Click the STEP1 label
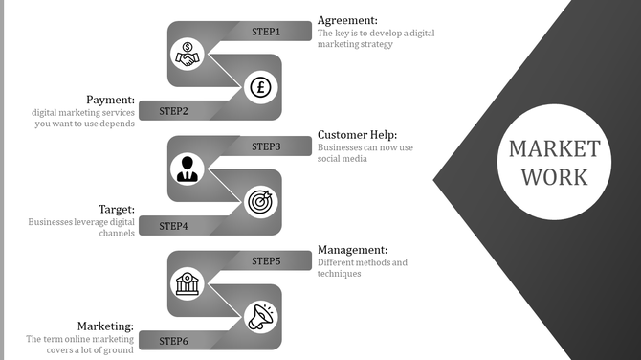266,32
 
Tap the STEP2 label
173,111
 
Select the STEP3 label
266,146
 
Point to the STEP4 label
173,226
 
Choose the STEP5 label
266,260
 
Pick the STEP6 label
173,341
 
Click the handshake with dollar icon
188,55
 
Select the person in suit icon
188,169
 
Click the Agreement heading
347,20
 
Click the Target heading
116,209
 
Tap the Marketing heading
105,326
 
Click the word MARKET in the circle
554,149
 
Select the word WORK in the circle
554,177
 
